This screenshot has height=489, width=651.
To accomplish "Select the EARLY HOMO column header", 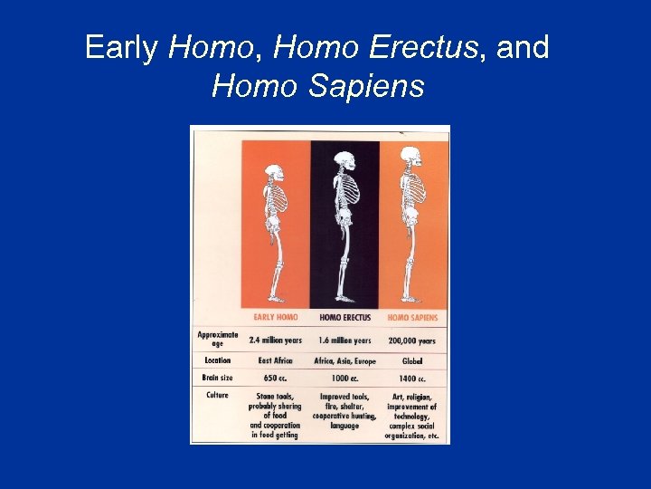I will [276, 318].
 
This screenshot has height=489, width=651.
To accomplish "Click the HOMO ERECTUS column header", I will [344, 318].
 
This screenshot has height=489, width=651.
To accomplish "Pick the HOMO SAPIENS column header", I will [412, 318].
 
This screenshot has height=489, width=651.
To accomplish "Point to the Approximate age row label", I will [217, 339].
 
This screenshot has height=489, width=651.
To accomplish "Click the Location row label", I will [217, 360].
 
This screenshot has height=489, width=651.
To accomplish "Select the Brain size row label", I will [217, 378].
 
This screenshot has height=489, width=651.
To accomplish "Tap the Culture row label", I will [217, 395].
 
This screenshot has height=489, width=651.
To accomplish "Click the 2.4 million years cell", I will [276, 340].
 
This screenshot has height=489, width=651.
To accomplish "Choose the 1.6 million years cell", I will [344, 340].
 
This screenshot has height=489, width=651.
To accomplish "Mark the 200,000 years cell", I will [413, 341].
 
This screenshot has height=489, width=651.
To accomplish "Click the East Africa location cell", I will [276, 360].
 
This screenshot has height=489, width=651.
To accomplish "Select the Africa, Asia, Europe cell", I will [344, 360].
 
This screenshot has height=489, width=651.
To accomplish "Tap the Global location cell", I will [413, 360].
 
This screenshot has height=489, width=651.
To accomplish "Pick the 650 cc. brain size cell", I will [276, 378].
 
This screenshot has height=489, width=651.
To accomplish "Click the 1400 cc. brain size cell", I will [413, 378].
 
